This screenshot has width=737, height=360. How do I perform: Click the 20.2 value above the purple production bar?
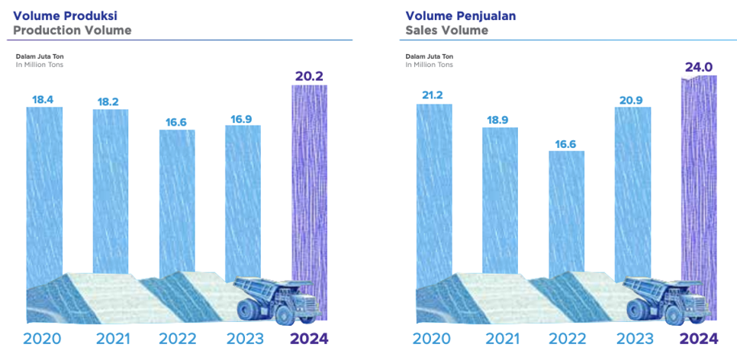point(310,76)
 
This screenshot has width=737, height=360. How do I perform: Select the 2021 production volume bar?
point(111,191)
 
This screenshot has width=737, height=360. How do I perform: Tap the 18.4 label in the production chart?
point(43,100)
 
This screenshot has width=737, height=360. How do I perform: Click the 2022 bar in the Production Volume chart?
point(177,203)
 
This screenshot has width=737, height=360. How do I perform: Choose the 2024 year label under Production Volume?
point(309,339)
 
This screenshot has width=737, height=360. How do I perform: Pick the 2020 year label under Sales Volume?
point(432,339)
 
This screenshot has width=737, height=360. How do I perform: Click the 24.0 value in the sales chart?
point(699,68)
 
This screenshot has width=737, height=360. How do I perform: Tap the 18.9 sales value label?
point(500,121)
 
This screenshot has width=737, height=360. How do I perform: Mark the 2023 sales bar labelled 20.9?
point(633,193)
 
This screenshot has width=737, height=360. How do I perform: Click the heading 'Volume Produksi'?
point(66,16)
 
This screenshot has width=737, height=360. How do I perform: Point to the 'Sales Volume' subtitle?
point(447,31)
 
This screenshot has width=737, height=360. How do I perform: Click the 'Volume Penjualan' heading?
point(461,16)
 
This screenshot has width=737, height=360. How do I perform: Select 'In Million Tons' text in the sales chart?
point(429,65)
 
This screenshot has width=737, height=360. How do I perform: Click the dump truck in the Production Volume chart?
point(277,300)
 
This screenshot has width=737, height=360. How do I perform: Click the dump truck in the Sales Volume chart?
point(667,300)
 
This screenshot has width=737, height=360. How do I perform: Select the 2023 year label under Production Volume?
point(245,339)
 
